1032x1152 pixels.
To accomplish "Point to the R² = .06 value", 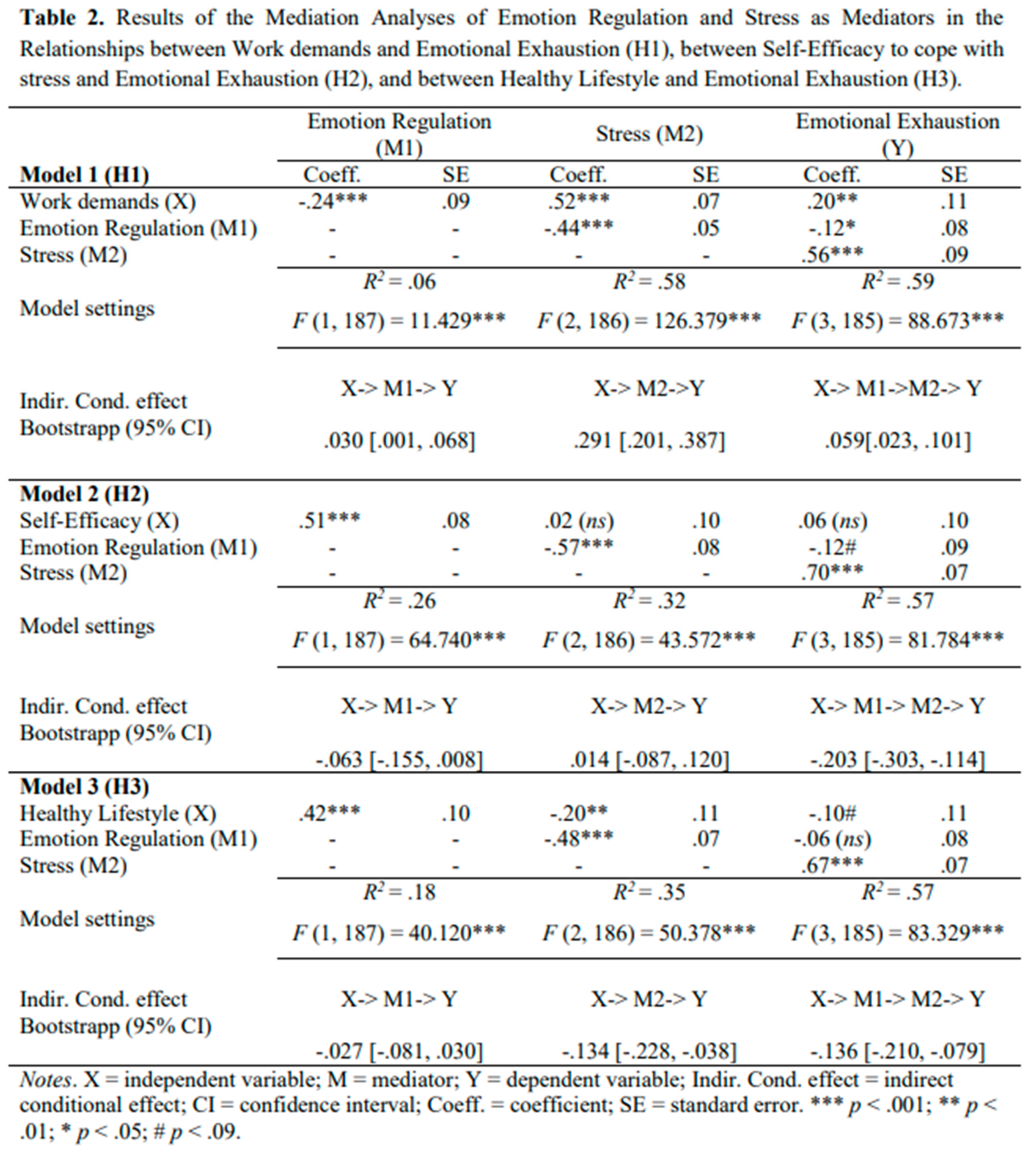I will pyautogui.click(x=399, y=282).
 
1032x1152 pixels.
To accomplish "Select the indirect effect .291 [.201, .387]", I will pyautogui.click(x=649, y=441).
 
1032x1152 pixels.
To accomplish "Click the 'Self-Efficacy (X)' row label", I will pyautogui.click(x=99, y=521).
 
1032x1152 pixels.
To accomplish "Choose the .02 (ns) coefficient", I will pyautogui.click(x=578, y=521).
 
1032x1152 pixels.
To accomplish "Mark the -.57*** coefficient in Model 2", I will pyautogui.click(x=578, y=547).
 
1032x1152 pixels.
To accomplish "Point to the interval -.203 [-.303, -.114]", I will pyautogui.click(x=898, y=759).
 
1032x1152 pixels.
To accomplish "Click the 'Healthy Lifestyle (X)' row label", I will pyautogui.click(x=118, y=814).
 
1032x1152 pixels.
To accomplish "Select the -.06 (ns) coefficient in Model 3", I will pyautogui.click(x=832, y=839).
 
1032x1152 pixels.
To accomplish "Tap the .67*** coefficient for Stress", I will pyautogui.click(x=832, y=865).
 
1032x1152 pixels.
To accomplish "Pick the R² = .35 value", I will pyautogui.click(x=649, y=893).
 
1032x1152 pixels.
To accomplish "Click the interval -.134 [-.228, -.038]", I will pyautogui.click(x=649, y=1052).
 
